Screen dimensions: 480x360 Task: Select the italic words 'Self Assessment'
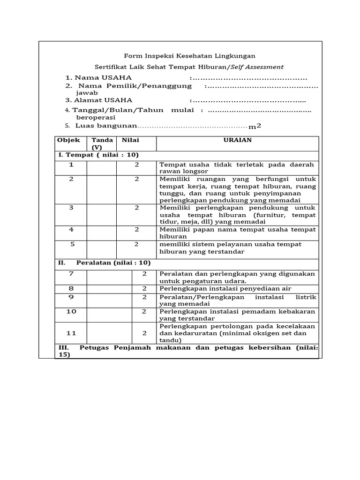pyautogui.click(x=261, y=67)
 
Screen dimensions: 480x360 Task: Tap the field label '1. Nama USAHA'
pyautogui.click(x=98, y=77)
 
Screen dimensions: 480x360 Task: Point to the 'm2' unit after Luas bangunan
pyautogui.click(x=255, y=126)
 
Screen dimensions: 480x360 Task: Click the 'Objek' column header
pyautogui.click(x=68, y=140)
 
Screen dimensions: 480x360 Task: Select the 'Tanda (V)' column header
pyautogui.click(x=102, y=143)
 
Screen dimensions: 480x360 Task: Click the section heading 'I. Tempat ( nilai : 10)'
pyautogui.click(x=98, y=155)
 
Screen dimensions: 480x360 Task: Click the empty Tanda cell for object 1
pyautogui.click(x=102, y=168)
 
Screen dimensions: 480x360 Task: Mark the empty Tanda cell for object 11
pyautogui.click(x=109, y=333)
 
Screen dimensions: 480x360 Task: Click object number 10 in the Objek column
pyautogui.click(x=71, y=311)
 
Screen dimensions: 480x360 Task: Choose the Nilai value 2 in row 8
pyautogui.click(x=144, y=288)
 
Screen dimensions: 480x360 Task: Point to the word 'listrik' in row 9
pyautogui.click(x=305, y=297)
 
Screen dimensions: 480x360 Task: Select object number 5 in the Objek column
pyautogui.click(x=72, y=244)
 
